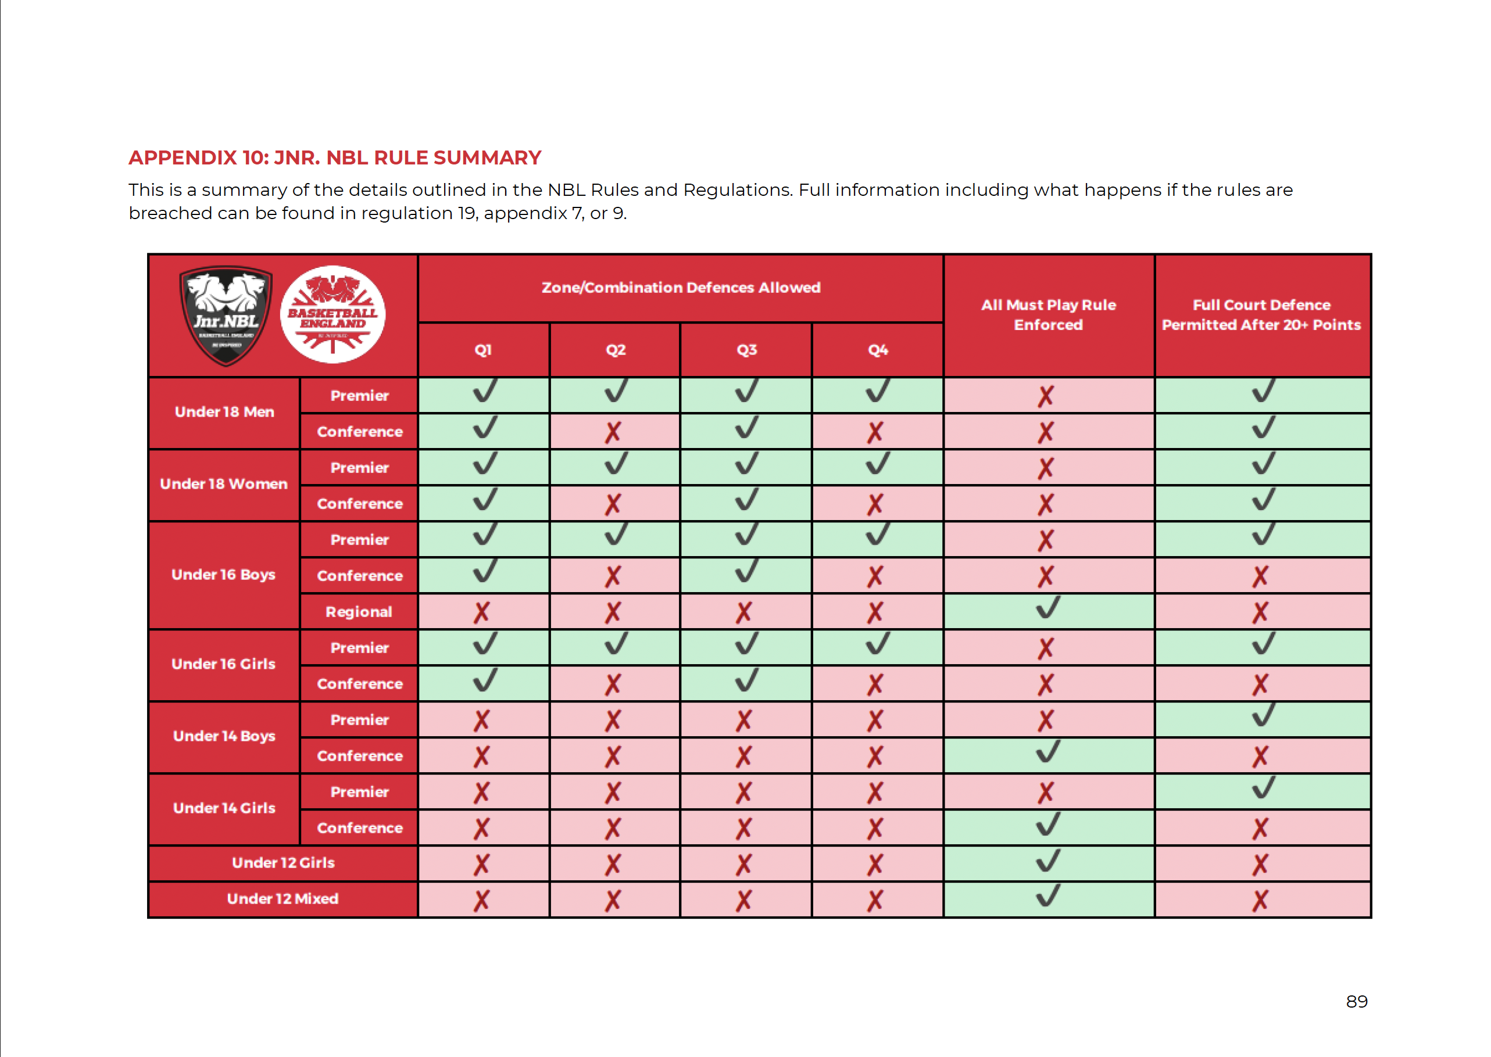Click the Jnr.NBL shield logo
[x=226, y=316]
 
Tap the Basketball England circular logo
[x=332, y=314]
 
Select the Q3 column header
[x=746, y=350]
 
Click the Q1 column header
[x=483, y=350]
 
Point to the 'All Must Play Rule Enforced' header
[x=1048, y=315]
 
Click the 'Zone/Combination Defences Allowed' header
[x=680, y=288]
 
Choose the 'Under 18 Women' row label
[x=224, y=484]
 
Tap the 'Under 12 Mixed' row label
[x=283, y=899]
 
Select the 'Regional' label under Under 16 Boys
[x=359, y=612]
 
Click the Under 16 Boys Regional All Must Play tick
[x=1047, y=608]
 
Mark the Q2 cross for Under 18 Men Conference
[x=613, y=432]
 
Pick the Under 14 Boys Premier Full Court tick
[x=1263, y=716]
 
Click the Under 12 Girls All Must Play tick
[x=1047, y=861]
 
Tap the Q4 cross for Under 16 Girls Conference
[x=875, y=685]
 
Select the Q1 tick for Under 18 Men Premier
[x=484, y=391]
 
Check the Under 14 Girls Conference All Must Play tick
[x=1047, y=825]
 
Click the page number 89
[x=1356, y=1002]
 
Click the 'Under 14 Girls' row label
[x=224, y=808]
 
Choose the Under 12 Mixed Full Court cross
[x=1260, y=901]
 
